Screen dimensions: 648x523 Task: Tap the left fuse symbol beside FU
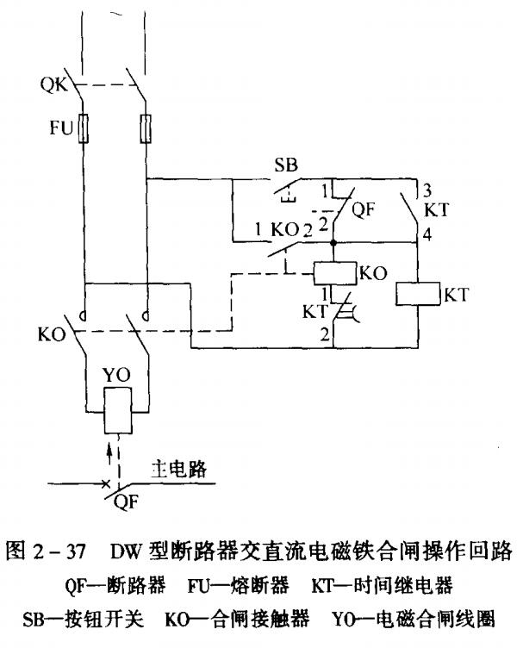83,131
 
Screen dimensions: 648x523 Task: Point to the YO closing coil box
115,410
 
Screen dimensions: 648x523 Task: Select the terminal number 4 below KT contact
426,232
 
